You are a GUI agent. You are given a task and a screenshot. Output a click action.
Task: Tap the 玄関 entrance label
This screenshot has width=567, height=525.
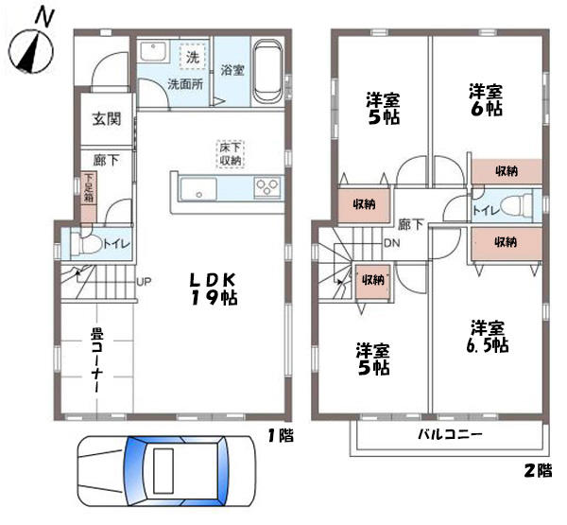(x=107, y=119)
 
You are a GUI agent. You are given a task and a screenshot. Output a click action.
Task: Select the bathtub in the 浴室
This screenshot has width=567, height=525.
(x=267, y=72)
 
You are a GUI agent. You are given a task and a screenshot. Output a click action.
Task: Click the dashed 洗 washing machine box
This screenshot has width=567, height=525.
(x=193, y=56)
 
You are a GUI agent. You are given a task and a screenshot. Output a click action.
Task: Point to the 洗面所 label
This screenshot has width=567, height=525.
(x=185, y=84)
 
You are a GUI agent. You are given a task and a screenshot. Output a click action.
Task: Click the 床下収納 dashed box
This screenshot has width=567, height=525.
(x=231, y=154)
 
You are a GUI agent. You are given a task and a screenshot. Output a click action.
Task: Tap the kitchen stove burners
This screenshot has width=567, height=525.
(x=267, y=187)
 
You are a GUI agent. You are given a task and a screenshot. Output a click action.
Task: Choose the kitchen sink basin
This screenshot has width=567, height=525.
(x=198, y=189)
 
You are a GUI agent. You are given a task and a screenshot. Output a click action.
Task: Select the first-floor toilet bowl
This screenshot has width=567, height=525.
(x=86, y=244)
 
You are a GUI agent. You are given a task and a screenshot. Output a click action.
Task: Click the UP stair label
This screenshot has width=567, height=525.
(x=144, y=281)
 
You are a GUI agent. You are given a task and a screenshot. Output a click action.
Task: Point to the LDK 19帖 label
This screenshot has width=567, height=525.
(x=214, y=289)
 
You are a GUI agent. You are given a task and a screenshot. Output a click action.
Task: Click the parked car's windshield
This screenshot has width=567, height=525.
(x=134, y=472)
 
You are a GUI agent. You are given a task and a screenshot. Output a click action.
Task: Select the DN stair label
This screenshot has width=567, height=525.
(x=391, y=243)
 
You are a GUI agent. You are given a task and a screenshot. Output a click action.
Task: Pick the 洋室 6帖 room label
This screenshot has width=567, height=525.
(x=486, y=99)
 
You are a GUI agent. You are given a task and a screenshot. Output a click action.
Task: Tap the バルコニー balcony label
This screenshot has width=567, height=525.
(x=450, y=434)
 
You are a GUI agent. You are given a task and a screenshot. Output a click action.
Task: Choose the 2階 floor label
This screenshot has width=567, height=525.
(x=538, y=471)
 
